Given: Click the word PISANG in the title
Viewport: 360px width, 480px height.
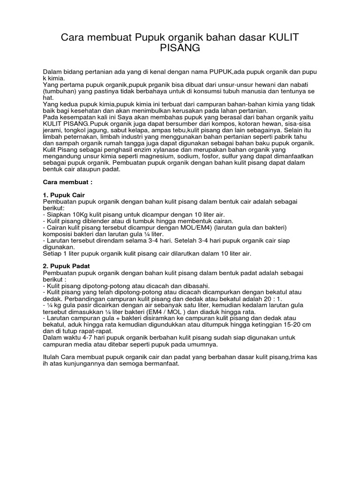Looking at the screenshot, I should point(180,48).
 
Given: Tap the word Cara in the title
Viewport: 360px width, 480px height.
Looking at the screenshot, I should point(74,37).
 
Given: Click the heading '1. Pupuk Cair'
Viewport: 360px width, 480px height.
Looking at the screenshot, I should point(64,195).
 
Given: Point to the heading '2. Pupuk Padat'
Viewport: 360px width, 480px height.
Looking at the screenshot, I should point(66,266).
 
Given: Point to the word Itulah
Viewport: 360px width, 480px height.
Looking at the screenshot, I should point(52,357).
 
